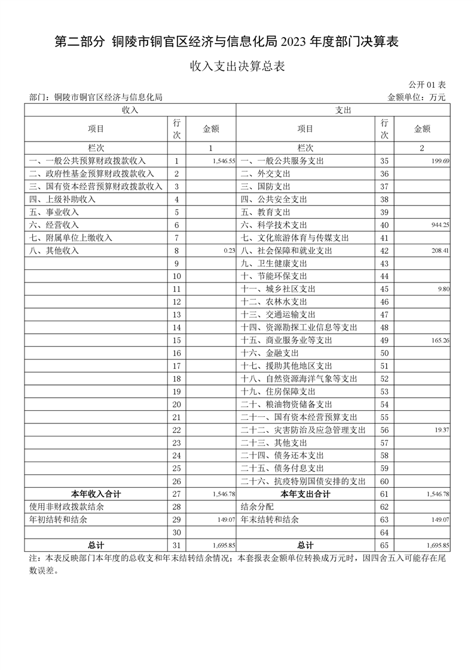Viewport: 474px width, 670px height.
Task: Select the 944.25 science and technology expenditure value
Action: coord(439,225)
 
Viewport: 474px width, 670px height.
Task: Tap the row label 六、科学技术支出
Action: coord(274,225)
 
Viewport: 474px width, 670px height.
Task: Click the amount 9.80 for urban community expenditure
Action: coord(443,289)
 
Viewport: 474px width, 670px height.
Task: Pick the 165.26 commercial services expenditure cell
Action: coord(439,340)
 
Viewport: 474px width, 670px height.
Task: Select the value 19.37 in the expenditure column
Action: coord(441,430)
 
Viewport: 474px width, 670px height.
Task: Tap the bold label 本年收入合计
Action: coord(96,494)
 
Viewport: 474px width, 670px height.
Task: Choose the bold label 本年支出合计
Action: coord(305,494)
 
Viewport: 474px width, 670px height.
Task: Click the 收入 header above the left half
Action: coord(130,110)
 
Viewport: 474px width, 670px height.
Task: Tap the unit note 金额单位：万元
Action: coord(417,97)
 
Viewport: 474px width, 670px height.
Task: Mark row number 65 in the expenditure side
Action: coord(384,545)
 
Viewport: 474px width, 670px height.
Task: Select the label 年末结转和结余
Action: coord(269,520)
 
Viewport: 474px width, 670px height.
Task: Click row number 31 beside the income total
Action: coord(176,545)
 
